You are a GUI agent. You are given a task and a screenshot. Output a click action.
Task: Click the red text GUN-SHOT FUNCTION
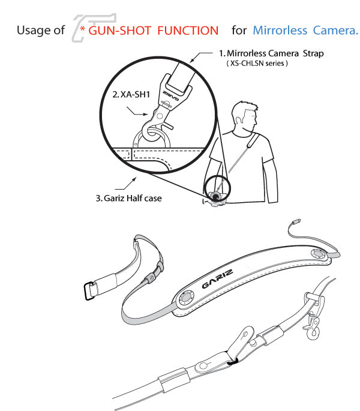point(153,29)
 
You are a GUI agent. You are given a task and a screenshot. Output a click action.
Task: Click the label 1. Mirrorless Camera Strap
point(271,53)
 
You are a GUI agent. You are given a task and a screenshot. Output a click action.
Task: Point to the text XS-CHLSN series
point(256,63)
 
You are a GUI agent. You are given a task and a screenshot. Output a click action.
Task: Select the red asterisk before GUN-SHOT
point(82,29)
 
